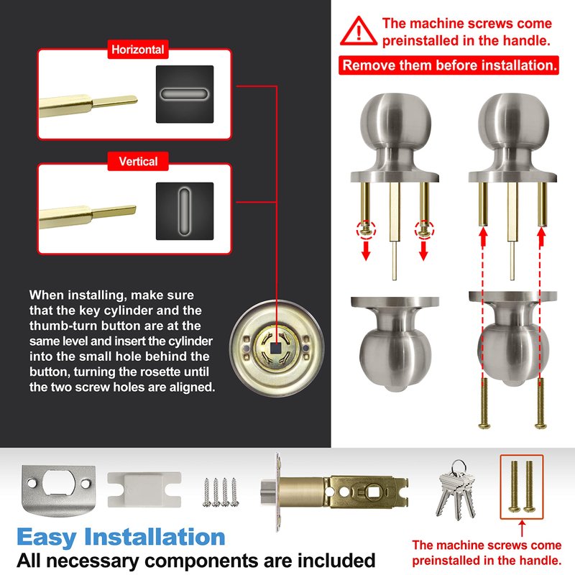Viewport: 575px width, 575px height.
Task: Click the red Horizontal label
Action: point(138,50)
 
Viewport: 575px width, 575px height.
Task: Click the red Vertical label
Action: point(138,161)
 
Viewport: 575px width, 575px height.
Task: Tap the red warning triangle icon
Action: point(358,32)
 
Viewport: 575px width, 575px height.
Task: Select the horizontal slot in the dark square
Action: point(185,94)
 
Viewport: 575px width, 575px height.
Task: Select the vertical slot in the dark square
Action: point(185,211)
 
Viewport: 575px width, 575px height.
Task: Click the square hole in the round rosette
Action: point(275,348)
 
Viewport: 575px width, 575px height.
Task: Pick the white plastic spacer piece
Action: point(144,489)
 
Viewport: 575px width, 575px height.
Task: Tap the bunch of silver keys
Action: point(456,489)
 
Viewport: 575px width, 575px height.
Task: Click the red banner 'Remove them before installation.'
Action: point(448,65)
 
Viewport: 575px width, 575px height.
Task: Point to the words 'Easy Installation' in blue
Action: point(121,537)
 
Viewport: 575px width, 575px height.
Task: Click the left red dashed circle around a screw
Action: point(366,230)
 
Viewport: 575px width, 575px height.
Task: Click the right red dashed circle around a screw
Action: point(424,230)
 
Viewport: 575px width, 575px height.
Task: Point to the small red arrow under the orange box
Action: point(522,528)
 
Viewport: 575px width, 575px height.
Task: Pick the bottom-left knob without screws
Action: point(395,344)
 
